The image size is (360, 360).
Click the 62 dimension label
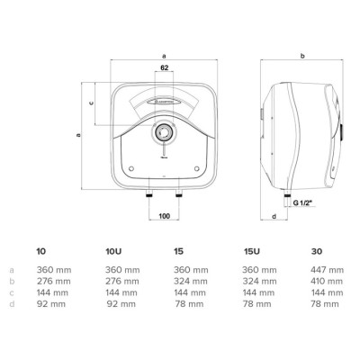pyautogui.click(x=164, y=67)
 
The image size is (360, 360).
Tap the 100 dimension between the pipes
pyautogui.click(x=164, y=216)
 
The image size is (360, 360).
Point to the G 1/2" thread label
pyautogui.click(x=302, y=203)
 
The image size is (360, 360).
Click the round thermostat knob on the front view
pyautogui.click(x=164, y=132)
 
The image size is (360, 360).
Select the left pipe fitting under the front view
pyautogui.click(x=149, y=193)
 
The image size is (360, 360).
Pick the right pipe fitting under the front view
pyautogui.click(x=179, y=193)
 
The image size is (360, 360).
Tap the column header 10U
pyautogui.click(x=113, y=251)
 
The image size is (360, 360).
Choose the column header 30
pyautogui.click(x=317, y=251)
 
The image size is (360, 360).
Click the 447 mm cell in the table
pyautogui.click(x=327, y=270)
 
